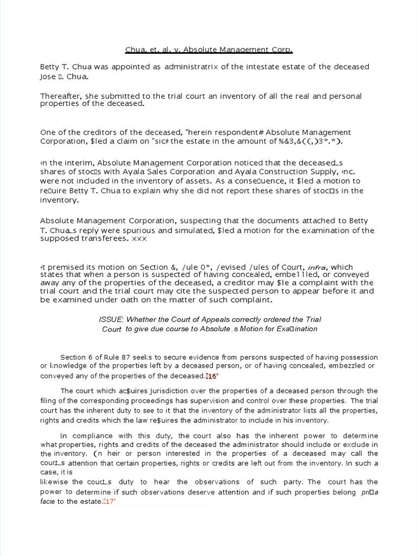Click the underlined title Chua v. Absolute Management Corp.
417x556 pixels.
tap(208, 50)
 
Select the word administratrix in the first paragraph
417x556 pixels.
tap(183, 67)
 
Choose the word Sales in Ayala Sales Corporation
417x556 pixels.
tap(153, 171)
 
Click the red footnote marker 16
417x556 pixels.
tap(211, 376)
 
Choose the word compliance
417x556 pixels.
tap(96, 436)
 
